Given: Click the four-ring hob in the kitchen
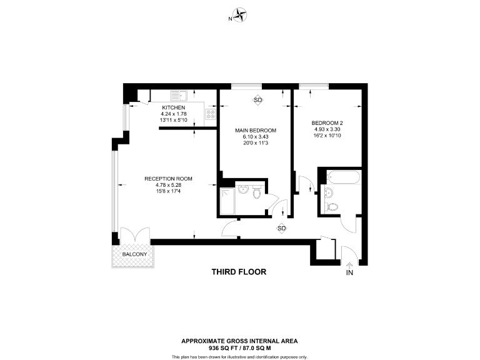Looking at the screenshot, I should tap(211, 114).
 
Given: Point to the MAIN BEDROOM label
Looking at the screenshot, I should tap(255, 130).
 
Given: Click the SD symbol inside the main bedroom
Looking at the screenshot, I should tap(257, 100).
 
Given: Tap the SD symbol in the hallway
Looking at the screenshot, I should tap(281, 228).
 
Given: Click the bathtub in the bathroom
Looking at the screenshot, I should tap(341, 176).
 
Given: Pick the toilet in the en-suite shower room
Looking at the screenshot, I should tap(257, 193).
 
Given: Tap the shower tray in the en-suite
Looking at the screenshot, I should tap(227, 201).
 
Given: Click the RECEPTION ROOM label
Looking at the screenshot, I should tap(168, 179).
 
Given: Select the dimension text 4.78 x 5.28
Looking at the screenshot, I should tap(168, 185).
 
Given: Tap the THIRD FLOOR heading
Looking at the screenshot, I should tap(239, 272).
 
